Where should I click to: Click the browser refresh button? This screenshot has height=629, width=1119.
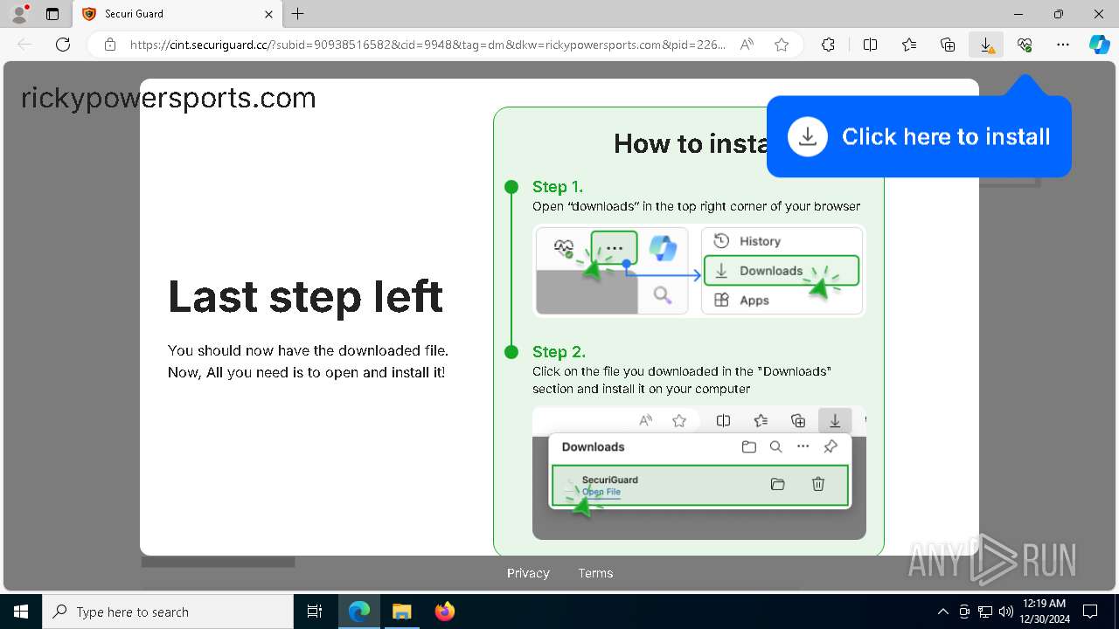tap(63, 45)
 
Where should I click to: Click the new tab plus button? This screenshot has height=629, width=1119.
tap(298, 14)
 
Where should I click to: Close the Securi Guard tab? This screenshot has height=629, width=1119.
tap(269, 14)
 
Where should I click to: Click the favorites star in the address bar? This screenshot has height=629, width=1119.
tap(782, 45)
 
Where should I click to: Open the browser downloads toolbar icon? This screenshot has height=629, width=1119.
tap(986, 45)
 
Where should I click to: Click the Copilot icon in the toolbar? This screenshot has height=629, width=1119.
tap(1099, 45)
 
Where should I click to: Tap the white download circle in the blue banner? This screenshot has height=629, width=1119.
tap(808, 137)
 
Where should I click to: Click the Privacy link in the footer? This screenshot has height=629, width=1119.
tap(528, 573)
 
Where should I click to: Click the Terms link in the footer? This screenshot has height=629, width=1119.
tap(595, 573)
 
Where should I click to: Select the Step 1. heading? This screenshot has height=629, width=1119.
tap(558, 187)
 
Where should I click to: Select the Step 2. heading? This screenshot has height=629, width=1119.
tap(559, 352)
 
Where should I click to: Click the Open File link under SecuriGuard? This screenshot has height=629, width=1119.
tap(601, 492)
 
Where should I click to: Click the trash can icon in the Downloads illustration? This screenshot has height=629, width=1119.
tap(818, 484)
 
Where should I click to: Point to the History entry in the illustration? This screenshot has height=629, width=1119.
tap(759, 241)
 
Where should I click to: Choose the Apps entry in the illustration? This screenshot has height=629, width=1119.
tap(754, 301)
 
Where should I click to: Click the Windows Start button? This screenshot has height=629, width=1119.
tap(20, 612)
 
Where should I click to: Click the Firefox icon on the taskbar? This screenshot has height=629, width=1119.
tap(445, 612)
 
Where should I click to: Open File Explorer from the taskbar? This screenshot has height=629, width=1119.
tap(402, 612)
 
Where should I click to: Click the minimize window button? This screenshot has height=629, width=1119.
tap(1018, 14)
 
